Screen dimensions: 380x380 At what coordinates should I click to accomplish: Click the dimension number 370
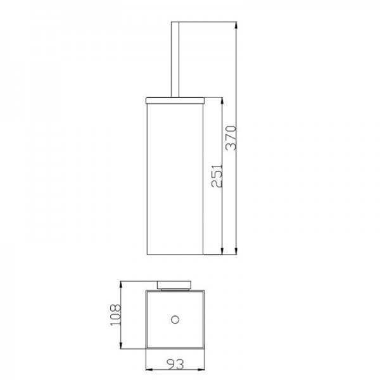[231, 137]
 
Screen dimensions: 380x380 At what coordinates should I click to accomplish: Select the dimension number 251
[217, 175]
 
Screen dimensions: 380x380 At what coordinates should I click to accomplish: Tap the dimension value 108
[115, 315]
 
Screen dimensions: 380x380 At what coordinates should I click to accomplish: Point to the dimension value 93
[175, 364]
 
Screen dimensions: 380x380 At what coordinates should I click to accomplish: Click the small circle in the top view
[175, 320]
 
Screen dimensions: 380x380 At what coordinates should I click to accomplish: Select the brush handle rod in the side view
[175, 60]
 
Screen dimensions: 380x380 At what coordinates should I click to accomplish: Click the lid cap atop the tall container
[175, 101]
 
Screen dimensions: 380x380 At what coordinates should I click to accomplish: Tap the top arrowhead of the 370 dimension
[236, 25]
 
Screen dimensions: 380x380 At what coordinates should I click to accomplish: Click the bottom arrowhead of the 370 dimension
[236, 251]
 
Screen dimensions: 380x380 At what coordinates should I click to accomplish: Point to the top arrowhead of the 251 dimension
[222, 101]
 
